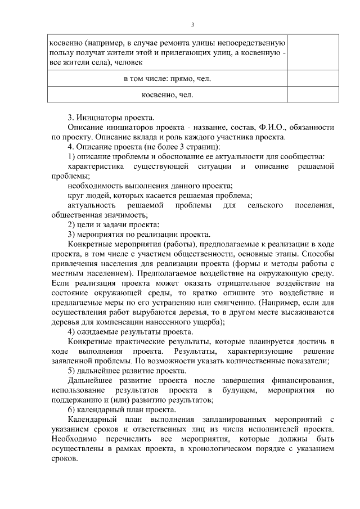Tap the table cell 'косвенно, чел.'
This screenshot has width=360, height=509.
[x=167, y=94]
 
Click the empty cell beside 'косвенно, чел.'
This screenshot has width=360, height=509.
[x=314, y=94]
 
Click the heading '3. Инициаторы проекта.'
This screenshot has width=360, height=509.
[x=110, y=118]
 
